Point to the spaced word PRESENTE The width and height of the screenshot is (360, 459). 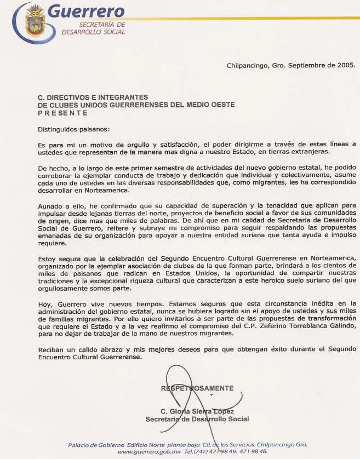pos(62,113)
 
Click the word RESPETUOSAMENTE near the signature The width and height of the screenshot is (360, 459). pos(197,388)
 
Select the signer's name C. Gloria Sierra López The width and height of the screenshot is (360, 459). pos(197,411)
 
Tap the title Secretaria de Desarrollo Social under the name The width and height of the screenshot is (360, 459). pos(197,419)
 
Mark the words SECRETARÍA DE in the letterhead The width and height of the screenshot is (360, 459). pos(102,25)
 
